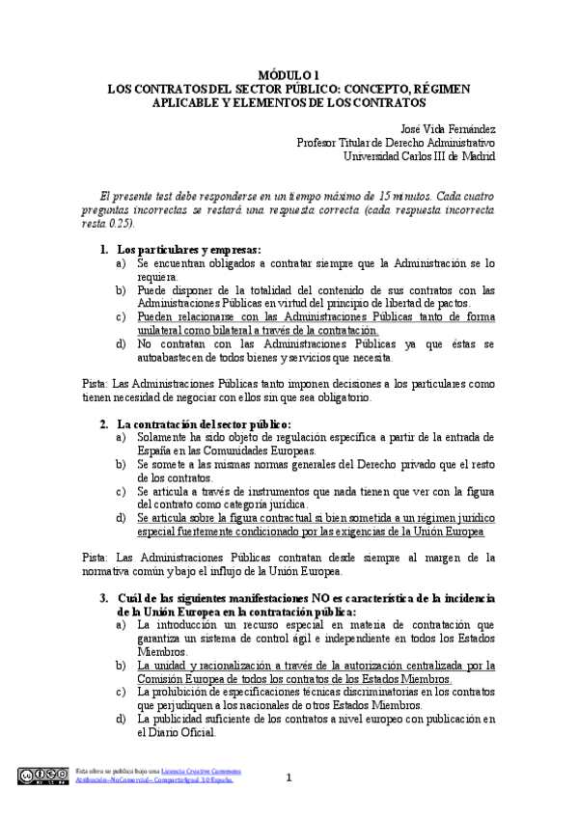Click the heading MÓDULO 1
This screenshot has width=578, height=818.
[289, 73]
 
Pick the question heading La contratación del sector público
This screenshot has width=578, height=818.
[203, 423]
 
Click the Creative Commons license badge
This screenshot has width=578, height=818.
[42, 775]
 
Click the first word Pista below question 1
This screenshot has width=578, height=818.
[94, 384]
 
